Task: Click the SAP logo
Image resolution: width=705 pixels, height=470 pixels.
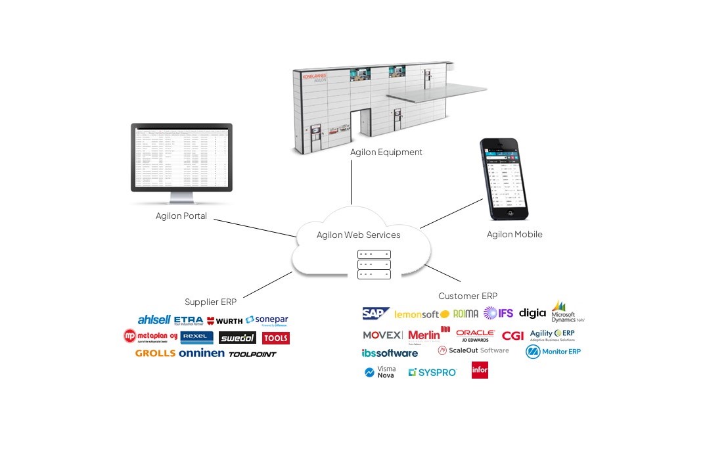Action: [376, 314]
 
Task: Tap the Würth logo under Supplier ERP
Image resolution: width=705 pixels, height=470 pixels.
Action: [225, 321]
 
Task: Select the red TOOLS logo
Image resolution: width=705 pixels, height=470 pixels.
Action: [275, 338]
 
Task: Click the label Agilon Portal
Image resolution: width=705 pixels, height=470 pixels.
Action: [181, 216]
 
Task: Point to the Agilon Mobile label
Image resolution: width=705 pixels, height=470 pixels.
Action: [514, 234]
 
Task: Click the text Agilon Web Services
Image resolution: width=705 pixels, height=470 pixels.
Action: [358, 235]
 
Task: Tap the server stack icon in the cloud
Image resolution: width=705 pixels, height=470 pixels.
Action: [374, 264]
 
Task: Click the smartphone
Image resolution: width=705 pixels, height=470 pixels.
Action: [503, 178]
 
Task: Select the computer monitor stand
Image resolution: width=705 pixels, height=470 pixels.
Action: [182, 198]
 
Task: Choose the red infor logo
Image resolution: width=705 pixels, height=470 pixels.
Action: [480, 371]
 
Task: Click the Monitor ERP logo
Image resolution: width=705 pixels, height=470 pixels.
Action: [553, 352]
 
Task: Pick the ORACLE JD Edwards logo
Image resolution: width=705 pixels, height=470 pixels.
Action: [475, 336]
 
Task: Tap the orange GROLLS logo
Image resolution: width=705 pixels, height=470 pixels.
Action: [155, 353]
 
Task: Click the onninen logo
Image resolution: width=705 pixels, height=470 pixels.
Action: [202, 353]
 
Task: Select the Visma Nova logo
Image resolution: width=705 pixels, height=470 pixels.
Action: [380, 372]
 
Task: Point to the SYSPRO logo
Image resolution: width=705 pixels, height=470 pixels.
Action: [432, 372]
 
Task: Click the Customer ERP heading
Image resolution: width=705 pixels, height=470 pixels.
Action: [468, 296]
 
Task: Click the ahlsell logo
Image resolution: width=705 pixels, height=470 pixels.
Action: [154, 320]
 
